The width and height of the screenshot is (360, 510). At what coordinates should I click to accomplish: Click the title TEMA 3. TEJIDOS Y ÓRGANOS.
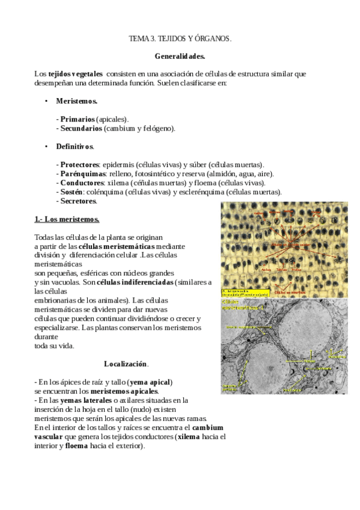tap(180, 38)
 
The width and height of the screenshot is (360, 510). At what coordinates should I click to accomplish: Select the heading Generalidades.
tap(180, 57)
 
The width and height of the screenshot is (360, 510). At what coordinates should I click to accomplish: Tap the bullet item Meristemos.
tap(77, 101)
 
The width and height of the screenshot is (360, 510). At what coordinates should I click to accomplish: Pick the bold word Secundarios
tap(81, 128)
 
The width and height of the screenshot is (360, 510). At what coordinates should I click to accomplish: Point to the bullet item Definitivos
tap(75, 146)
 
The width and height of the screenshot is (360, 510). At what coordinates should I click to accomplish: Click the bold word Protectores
tap(79, 164)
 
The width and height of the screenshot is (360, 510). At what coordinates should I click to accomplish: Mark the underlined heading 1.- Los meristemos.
tap(67, 219)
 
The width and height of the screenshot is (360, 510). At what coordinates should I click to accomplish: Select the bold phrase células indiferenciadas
tap(135, 282)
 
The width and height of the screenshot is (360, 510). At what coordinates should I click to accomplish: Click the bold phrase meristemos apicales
tap(124, 391)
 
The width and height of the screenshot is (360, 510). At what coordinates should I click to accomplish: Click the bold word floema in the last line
tap(76, 446)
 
